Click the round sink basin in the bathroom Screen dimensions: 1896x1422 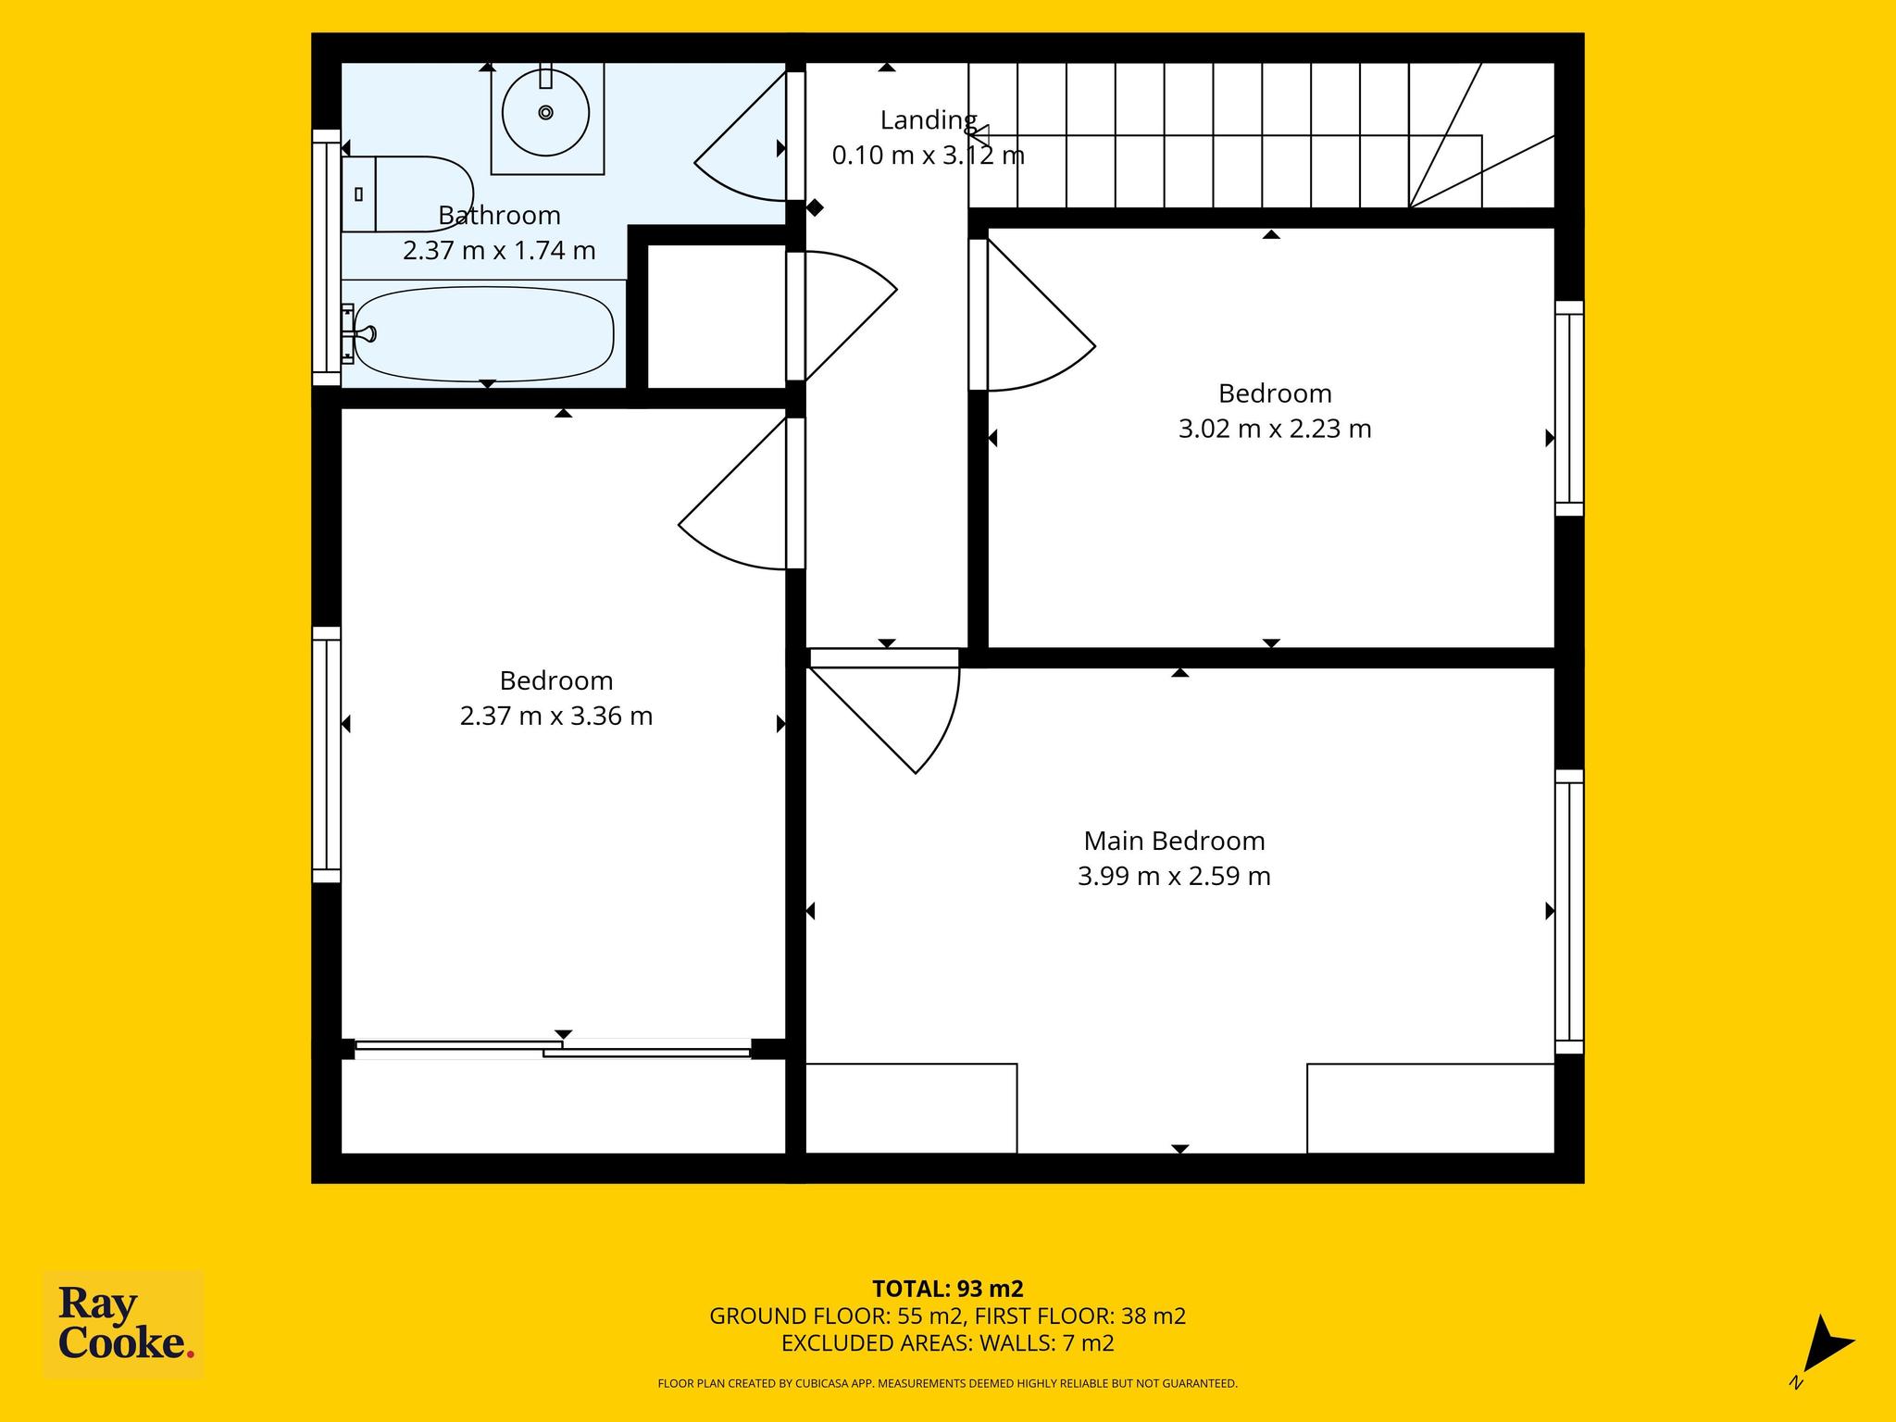tap(545, 113)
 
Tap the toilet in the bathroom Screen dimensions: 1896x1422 tap(407, 193)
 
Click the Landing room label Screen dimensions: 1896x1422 tap(929, 120)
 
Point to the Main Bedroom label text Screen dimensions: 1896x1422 tap(1174, 841)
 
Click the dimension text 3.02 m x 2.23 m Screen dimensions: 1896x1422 tap(1275, 429)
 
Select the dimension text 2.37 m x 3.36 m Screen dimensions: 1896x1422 tap(556, 716)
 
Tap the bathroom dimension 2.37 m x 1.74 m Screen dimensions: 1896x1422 tap(499, 250)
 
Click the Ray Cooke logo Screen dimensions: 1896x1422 tap(124, 1326)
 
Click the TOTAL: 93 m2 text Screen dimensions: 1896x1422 tap(948, 1289)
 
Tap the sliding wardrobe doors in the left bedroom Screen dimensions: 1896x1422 tap(553, 1049)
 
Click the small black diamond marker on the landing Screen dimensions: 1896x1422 tap(815, 208)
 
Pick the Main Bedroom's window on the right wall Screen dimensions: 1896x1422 tap(1569, 912)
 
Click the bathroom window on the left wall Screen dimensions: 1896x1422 tap(326, 257)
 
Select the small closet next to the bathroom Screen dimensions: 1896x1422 tap(717, 317)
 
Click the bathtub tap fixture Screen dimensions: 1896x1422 tap(358, 333)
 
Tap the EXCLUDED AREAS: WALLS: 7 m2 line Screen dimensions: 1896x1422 tap(948, 1343)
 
